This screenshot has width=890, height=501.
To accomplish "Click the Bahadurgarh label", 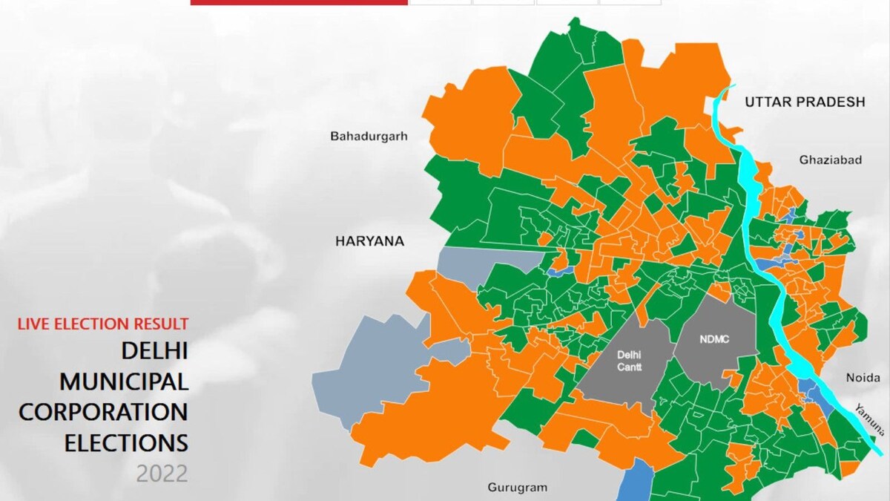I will click(x=369, y=137).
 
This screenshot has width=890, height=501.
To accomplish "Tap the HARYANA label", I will click(x=369, y=241).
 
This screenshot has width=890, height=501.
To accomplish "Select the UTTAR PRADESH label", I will click(x=805, y=102).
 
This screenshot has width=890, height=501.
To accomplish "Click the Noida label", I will click(x=863, y=378).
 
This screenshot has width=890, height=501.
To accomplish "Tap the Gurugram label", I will click(x=517, y=488).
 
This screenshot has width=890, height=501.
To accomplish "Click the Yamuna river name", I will click(x=869, y=419).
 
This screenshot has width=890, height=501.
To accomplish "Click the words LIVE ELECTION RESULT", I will click(x=103, y=324).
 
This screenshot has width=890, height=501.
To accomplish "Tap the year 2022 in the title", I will click(x=162, y=474).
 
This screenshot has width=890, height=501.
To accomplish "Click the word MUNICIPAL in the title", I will click(x=124, y=382).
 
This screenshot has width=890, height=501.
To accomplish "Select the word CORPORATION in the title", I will click(x=103, y=412).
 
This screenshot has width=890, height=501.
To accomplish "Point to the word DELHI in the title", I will click(x=154, y=351).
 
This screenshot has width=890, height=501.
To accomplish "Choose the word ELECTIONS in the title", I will click(x=126, y=443).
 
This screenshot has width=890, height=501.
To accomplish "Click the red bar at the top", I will click(x=298, y=2).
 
